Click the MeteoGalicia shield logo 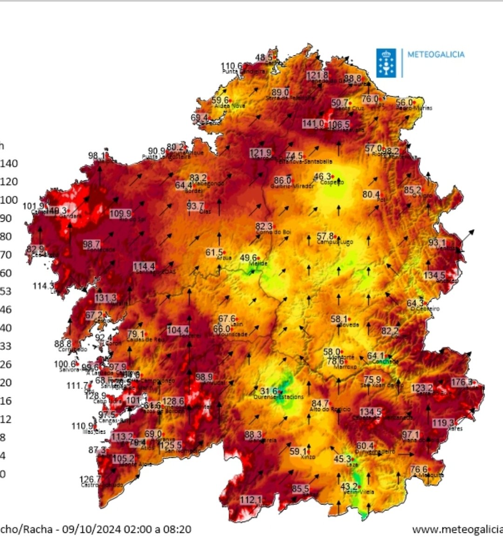(386, 63)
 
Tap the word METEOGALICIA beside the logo (436, 54)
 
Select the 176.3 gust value (462, 382)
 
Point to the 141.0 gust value (313, 123)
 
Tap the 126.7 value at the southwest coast (90, 479)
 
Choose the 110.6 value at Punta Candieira (231, 66)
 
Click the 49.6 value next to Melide (248, 258)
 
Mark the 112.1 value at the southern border (251, 500)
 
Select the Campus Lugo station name (335, 242)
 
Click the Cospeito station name (332, 183)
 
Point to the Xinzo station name (308, 457)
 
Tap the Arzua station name (224, 258)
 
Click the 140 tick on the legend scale (9, 163)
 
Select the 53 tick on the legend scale (6, 292)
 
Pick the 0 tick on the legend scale (3, 474)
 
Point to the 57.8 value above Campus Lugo (325, 237)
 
